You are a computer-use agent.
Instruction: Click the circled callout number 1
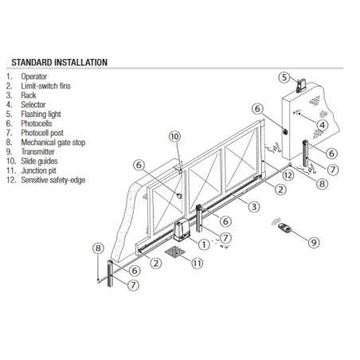(204, 243)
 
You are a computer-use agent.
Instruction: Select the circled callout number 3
(252, 206)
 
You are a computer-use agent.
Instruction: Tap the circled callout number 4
(321, 125)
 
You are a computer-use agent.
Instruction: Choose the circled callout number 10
(174, 136)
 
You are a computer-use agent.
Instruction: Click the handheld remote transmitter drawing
(284, 233)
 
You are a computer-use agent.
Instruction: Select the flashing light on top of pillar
(299, 84)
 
